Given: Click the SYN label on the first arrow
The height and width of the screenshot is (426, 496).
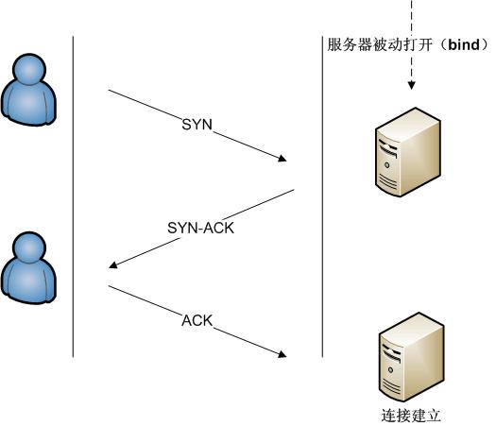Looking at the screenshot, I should (198, 126).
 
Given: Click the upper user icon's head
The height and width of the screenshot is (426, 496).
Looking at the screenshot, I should (30, 72).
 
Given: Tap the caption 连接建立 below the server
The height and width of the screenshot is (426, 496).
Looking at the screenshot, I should (411, 415).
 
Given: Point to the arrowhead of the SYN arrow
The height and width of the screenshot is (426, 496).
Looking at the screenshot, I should (283, 160).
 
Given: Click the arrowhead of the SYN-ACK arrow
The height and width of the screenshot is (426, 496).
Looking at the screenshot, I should (113, 265).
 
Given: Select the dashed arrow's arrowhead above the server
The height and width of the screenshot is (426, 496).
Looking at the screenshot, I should (411, 88).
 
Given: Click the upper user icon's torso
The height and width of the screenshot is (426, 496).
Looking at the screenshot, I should (31, 100).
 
